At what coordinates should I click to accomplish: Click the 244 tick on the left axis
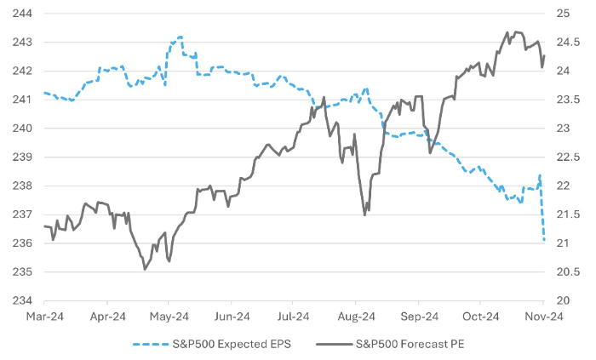(21, 14)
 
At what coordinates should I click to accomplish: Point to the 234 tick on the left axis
(21, 300)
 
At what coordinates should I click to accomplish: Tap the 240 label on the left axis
(21, 129)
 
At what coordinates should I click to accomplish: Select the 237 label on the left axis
(21, 214)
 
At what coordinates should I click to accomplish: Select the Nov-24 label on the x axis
(543, 317)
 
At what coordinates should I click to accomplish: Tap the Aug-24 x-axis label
(356, 317)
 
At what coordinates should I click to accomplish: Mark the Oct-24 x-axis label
(481, 317)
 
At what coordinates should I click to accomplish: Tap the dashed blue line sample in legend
(149, 345)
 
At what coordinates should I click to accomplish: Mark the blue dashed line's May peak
(180, 37)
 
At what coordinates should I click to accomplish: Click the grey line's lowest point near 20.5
(145, 269)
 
